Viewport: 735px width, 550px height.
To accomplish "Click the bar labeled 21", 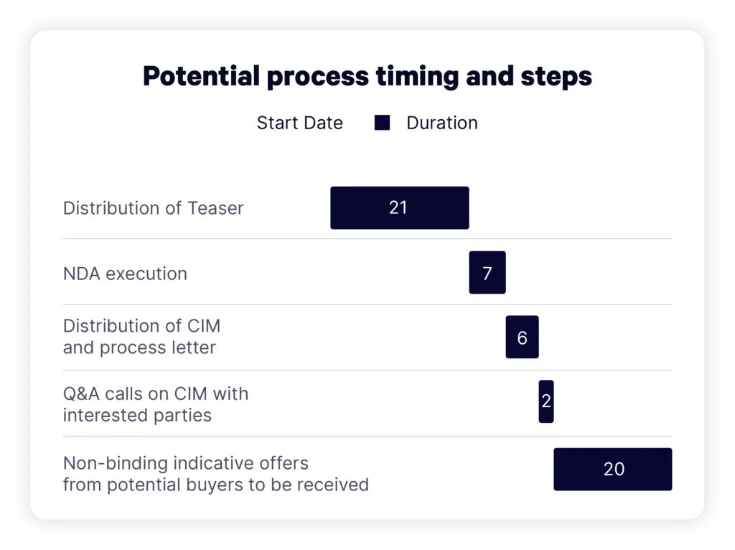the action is (399, 208).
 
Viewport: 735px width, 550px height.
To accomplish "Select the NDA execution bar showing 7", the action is (487, 272).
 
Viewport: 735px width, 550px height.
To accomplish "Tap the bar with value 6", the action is (523, 337).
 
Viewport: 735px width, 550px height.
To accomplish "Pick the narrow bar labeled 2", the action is (546, 401).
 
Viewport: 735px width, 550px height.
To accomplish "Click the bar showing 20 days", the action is (613, 469).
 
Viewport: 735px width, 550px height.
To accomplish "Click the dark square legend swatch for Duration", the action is (382, 123).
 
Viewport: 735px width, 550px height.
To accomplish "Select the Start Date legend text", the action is (300, 123).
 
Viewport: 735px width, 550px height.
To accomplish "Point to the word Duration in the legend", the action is (442, 123).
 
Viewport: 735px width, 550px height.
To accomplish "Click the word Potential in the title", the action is (201, 76).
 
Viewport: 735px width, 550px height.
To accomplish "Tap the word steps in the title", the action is (556, 77).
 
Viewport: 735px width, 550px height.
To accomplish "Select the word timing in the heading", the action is (417, 77).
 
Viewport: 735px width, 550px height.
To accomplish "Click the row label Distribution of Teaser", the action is (154, 208).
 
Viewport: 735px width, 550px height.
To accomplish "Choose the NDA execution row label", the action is (125, 274).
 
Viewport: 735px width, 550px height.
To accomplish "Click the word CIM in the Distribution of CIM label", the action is (204, 326).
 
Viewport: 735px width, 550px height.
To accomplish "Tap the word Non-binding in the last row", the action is (116, 463).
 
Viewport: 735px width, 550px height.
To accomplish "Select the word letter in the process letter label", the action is (194, 348).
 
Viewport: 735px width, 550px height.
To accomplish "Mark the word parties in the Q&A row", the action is (183, 416).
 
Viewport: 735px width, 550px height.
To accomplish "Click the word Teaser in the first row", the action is (215, 208).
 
